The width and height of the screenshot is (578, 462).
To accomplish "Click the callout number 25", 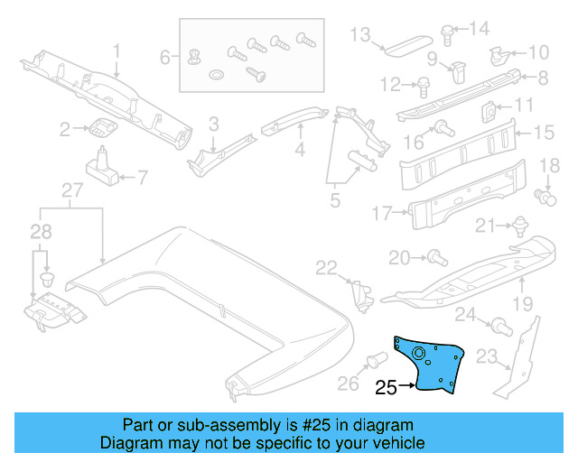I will tap(386, 389).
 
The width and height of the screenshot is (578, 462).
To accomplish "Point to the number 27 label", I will tap(71, 190).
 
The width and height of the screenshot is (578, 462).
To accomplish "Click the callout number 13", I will tap(360, 34).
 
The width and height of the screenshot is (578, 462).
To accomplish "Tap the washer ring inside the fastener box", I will tap(218, 72).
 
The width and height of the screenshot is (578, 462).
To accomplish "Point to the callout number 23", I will tap(488, 358).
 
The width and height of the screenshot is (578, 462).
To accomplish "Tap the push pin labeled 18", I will tap(545, 194).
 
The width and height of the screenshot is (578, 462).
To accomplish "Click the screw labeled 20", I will tap(434, 259).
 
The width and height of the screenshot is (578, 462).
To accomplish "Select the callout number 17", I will tap(383, 213).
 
